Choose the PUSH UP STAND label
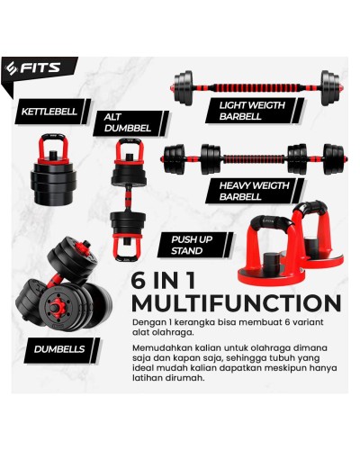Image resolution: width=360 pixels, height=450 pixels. point(187,243)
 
